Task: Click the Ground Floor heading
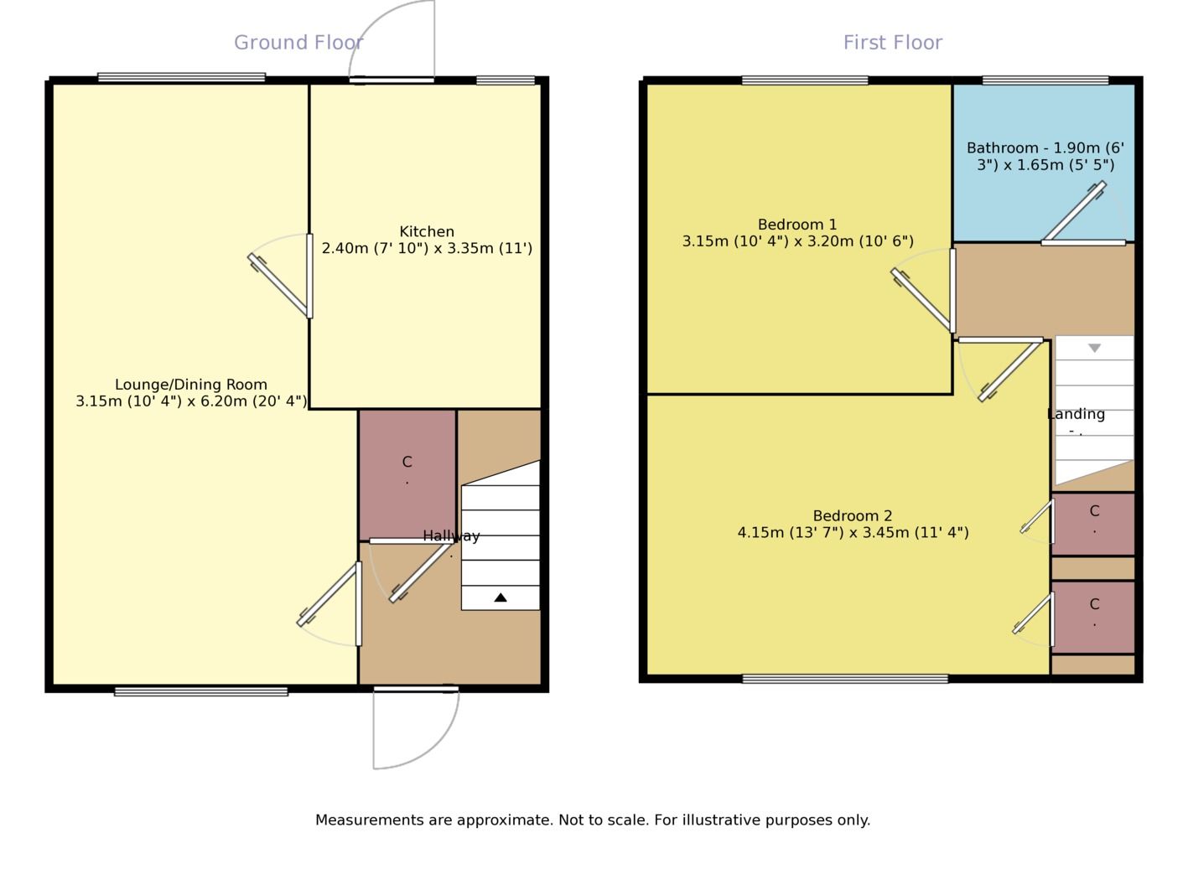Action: click(x=298, y=43)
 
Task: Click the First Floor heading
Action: click(x=892, y=43)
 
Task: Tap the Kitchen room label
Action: click(x=427, y=232)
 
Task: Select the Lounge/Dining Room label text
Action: click(x=191, y=385)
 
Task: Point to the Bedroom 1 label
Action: click(x=797, y=225)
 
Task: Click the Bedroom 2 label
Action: click(x=853, y=516)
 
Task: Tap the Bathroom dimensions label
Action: click(x=1045, y=157)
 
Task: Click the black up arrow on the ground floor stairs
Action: click(x=501, y=597)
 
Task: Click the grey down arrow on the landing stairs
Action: click(x=1094, y=348)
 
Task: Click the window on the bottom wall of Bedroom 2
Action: click(x=844, y=679)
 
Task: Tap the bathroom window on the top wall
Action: click(x=1045, y=80)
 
